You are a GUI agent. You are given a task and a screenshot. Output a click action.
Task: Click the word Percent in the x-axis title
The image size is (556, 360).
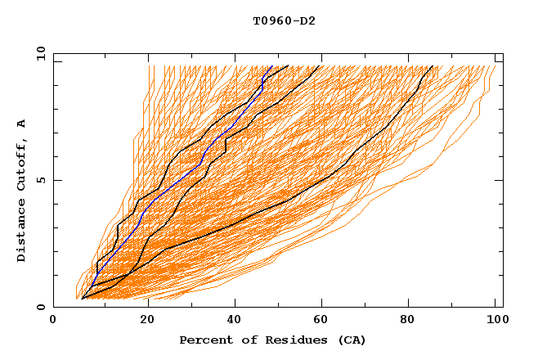[203, 340]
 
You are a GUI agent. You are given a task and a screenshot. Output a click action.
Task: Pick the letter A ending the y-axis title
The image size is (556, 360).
[22, 124]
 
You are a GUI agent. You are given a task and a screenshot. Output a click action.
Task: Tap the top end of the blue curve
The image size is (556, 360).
[271, 67]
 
